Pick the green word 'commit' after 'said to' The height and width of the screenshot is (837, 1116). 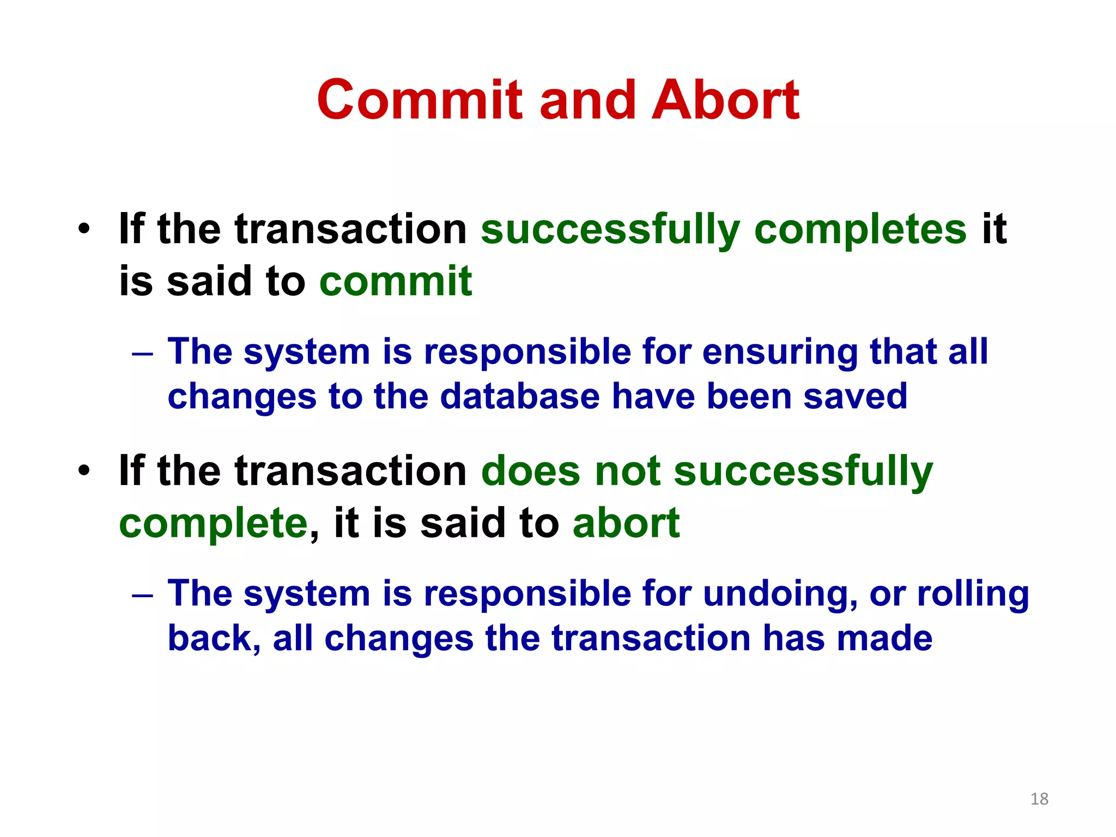pos(396,282)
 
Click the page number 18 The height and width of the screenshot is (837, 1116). pos(1039,799)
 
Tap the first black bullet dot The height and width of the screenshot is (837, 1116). pos(83,229)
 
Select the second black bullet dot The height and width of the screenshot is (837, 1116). pos(83,470)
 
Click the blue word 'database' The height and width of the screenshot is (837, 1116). pos(520,396)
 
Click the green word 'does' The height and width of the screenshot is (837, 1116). pos(531,471)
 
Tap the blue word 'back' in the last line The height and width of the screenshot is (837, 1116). pos(210,638)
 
